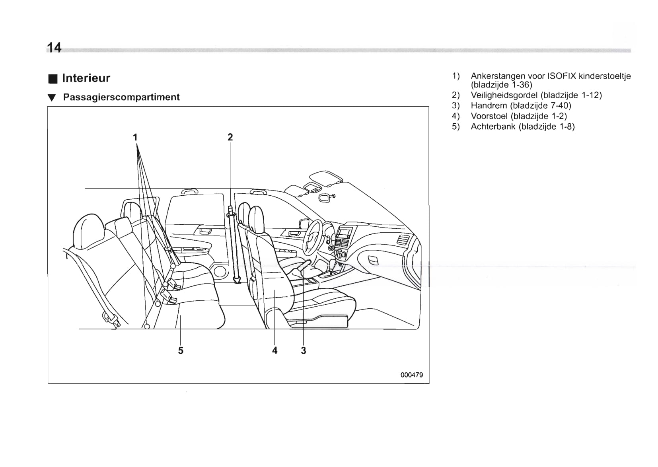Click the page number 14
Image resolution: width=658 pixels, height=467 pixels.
point(54,48)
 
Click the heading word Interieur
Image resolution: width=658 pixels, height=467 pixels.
point(86,78)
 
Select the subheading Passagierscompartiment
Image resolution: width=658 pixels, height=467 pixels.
point(121,97)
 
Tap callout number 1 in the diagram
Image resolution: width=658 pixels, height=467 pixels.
point(135,137)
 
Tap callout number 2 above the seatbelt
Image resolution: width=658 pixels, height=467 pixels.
point(230,137)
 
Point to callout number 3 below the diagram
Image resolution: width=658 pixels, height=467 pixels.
point(304,350)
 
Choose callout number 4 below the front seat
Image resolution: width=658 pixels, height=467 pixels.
point(274,350)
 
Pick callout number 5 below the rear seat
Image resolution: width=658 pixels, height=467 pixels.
point(181,350)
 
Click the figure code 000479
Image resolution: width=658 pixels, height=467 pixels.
point(412,375)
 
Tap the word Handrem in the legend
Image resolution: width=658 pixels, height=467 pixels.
point(489,105)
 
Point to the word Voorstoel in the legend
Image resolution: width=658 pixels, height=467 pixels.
point(489,116)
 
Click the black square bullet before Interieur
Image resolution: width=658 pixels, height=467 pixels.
point(52,78)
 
